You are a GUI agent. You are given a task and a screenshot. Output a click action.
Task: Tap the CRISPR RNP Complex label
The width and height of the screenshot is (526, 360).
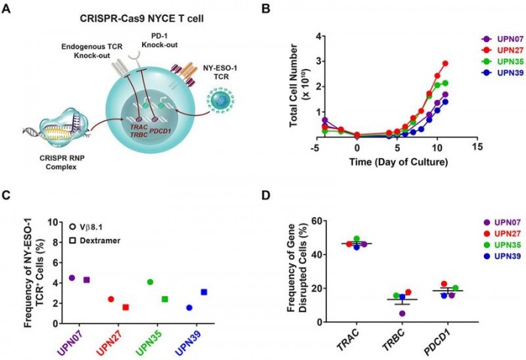point(64,165)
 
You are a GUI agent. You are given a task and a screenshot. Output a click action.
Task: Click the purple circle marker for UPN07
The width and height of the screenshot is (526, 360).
point(72,278)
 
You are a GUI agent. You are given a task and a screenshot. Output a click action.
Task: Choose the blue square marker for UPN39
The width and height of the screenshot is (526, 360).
point(204,292)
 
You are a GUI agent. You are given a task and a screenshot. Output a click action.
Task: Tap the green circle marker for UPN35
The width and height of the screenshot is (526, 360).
point(150,282)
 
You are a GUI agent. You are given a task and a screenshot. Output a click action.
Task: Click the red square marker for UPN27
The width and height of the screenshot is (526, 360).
point(125,307)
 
